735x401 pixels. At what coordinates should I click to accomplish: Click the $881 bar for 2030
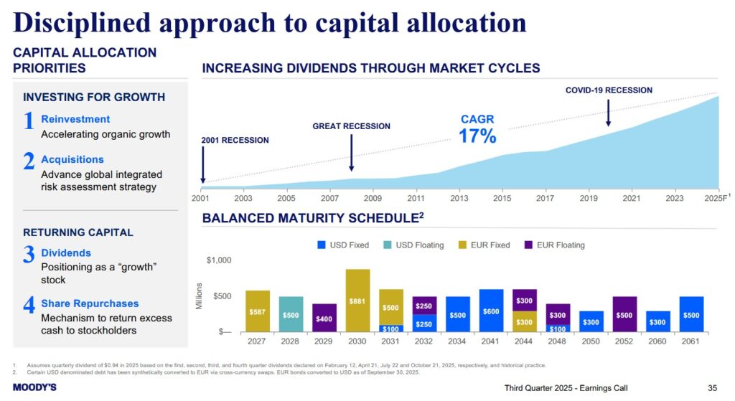[357, 301]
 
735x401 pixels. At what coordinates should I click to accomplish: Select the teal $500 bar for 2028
[291, 314]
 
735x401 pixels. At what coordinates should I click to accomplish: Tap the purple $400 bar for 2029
[324, 318]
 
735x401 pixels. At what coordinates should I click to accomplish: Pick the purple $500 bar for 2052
[624, 314]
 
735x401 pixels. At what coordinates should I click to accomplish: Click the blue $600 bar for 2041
[491, 311]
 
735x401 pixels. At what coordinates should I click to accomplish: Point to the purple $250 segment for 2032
[424, 306]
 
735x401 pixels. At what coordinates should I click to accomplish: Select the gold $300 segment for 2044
[525, 322]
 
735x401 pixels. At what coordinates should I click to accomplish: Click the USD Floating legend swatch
[387, 245]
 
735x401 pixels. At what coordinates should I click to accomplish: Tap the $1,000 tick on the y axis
[219, 260]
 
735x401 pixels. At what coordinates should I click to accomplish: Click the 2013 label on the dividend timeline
[459, 198]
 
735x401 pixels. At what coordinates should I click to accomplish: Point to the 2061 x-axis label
[690, 341]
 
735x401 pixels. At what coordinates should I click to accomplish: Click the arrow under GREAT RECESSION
[351, 153]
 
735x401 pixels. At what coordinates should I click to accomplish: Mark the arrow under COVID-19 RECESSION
[608, 113]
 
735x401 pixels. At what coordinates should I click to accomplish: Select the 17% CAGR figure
[477, 136]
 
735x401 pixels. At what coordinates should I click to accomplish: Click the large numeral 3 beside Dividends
[29, 255]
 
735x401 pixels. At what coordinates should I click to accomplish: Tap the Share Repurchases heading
[90, 303]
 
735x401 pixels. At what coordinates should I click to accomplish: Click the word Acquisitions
[72, 159]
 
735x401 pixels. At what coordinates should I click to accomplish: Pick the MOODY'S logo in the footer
[34, 387]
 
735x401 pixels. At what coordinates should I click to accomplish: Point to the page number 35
[713, 388]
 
